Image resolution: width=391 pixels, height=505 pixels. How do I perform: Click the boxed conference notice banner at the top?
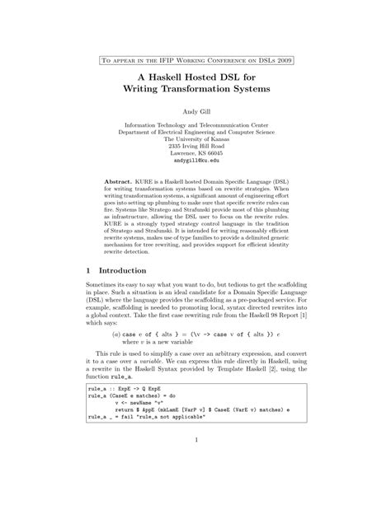tap(195, 60)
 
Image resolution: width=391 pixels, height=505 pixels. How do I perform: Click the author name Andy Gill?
tap(195, 110)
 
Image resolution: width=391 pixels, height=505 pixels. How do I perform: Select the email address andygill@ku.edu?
tap(195, 162)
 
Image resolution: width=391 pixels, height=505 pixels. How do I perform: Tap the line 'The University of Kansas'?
tap(195, 140)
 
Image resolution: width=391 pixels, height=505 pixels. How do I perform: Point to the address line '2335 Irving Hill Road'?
tap(195, 147)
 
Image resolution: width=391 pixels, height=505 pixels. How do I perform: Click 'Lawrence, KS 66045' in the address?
tap(195, 155)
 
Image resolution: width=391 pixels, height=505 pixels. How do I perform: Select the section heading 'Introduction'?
tap(125, 270)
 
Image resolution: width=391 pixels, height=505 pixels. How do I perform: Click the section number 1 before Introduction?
tap(88, 270)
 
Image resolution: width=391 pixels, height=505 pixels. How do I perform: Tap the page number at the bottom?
tap(195, 463)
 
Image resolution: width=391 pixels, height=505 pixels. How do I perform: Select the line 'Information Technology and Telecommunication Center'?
tap(195, 125)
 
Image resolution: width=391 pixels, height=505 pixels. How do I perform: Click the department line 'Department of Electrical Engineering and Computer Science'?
tap(195, 133)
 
